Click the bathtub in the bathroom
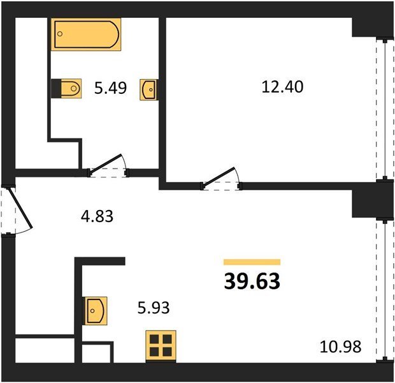click(x=86, y=34)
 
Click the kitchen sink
click(x=95, y=310)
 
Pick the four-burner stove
click(x=161, y=347)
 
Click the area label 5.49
click(x=110, y=88)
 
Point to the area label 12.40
click(x=282, y=87)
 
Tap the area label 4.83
click(x=97, y=216)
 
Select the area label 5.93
click(x=154, y=308)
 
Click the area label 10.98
click(x=341, y=347)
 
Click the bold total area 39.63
click(x=252, y=282)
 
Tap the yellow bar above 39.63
click(x=252, y=262)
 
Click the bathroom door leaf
click(x=105, y=164)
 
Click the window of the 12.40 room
click(x=385, y=109)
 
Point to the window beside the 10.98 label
click(x=385, y=290)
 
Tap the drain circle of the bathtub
click(x=60, y=34)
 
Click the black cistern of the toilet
click(x=56, y=88)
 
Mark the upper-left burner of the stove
click(x=155, y=340)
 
